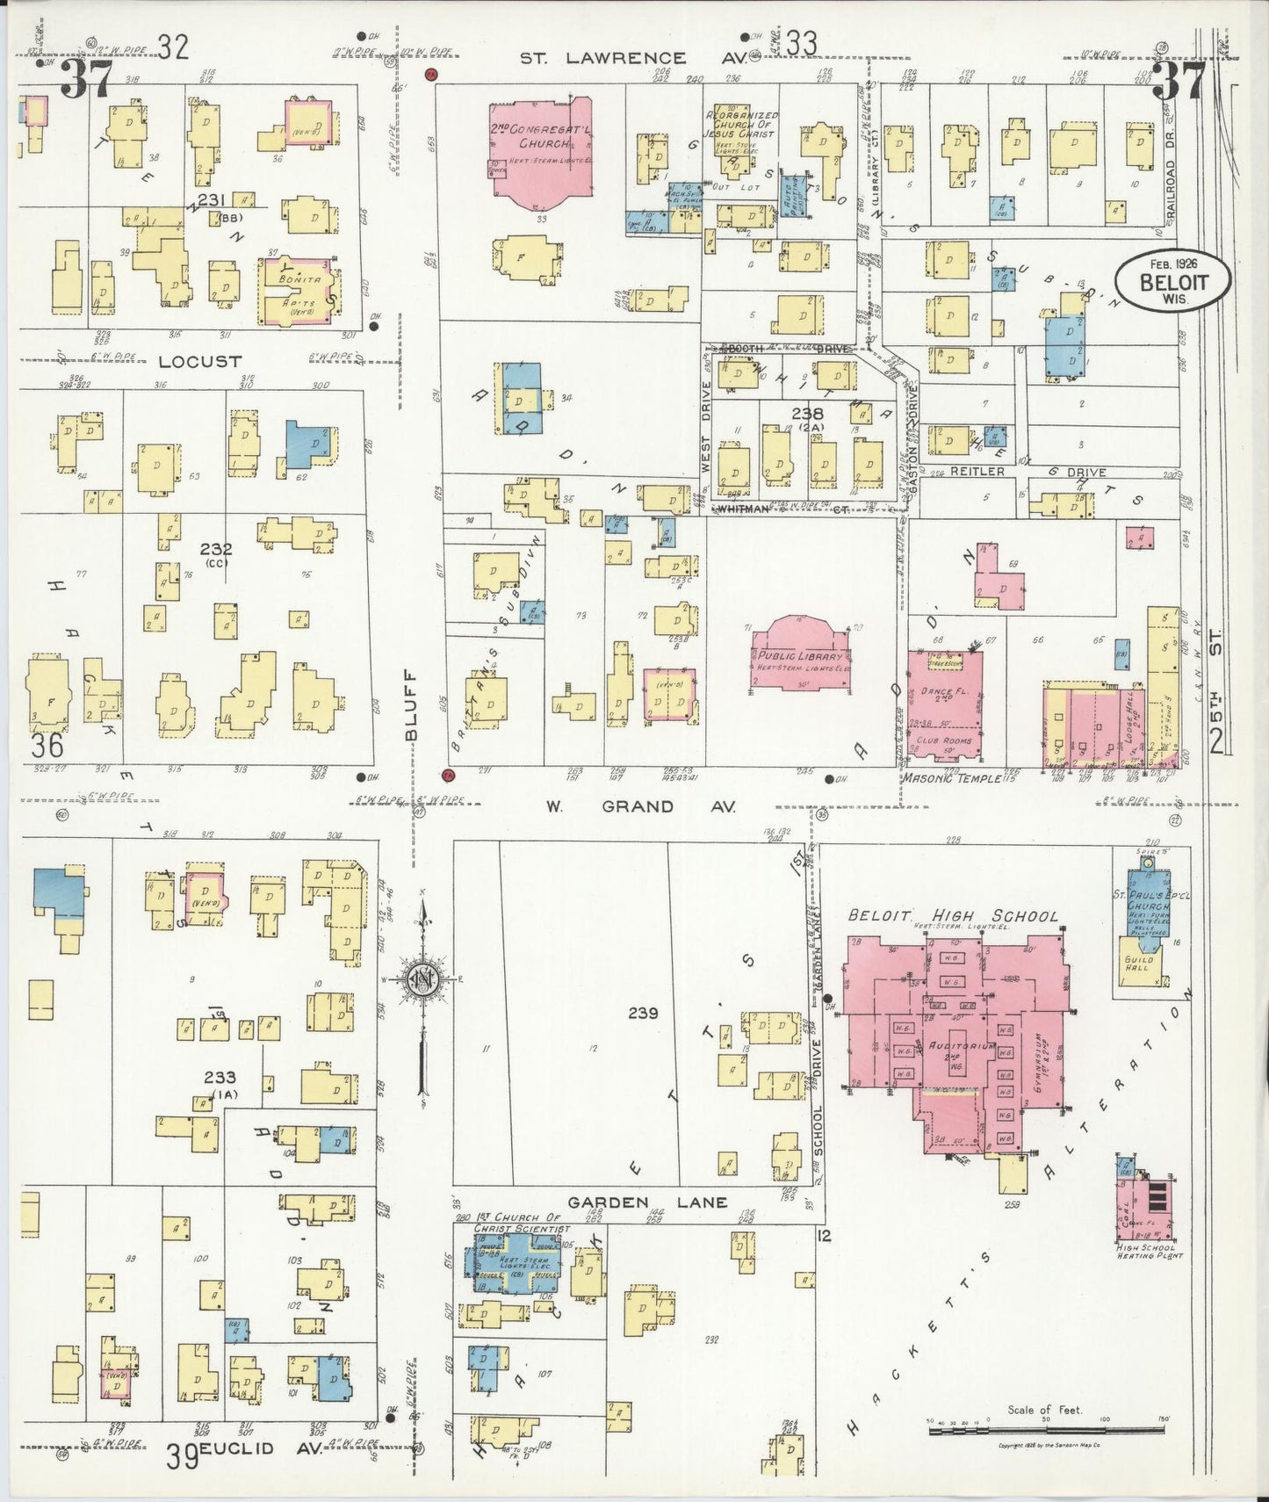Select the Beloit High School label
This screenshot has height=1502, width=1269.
coord(953,915)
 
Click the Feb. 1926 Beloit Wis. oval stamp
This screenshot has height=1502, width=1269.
coord(1172,280)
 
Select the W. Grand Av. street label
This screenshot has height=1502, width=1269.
coord(639,806)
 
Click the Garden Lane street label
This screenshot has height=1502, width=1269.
coord(646,1202)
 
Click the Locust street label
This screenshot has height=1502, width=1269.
coord(200,361)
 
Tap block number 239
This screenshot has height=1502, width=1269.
coord(643,1013)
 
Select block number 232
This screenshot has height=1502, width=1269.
coord(215,549)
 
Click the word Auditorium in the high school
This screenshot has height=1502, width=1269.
coord(962,1046)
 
